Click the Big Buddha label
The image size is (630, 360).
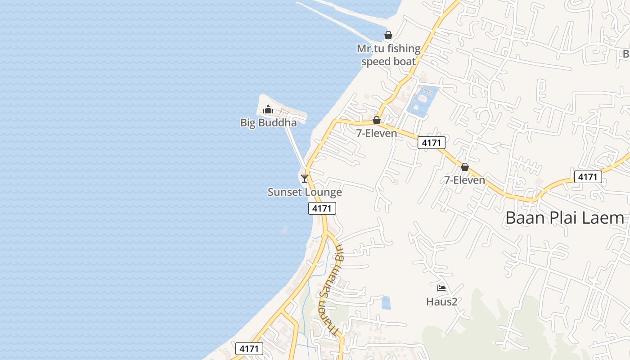pyautogui.click(x=268, y=122)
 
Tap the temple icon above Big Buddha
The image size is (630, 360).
pyautogui.click(x=268, y=109)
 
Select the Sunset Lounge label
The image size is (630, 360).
pyautogui.click(x=305, y=192)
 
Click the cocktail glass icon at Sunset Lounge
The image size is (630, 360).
pyautogui.click(x=305, y=178)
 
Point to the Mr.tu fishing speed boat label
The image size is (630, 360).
pyautogui.click(x=388, y=55)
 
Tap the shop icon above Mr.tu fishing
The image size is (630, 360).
pyautogui.click(x=388, y=35)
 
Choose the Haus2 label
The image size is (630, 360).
pyautogui.click(x=441, y=301)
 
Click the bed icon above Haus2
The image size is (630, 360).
pyautogui.click(x=441, y=288)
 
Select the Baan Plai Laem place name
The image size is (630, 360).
pyautogui.click(x=565, y=218)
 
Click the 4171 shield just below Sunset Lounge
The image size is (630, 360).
pyautogui.click(x=322, y=208)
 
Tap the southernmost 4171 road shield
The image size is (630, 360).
pyautogui.click(x=249, y=349)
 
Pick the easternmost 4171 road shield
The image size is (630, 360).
pyautogui.click(x=588, y=177)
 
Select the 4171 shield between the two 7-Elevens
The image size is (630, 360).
pyautogui.click(x=431, y=143)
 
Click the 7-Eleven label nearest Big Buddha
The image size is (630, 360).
pyautogui.click(x=377, y=133)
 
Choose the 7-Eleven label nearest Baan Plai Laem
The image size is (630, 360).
pyautogui.click(x=464, y=180)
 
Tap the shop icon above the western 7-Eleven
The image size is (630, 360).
pyautogui.click(x=377, y=120)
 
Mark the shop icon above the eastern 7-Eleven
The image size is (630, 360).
pyautogui.click(x=465, y=167)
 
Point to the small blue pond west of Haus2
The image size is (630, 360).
pyautogui.click(x=386, y=302)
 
